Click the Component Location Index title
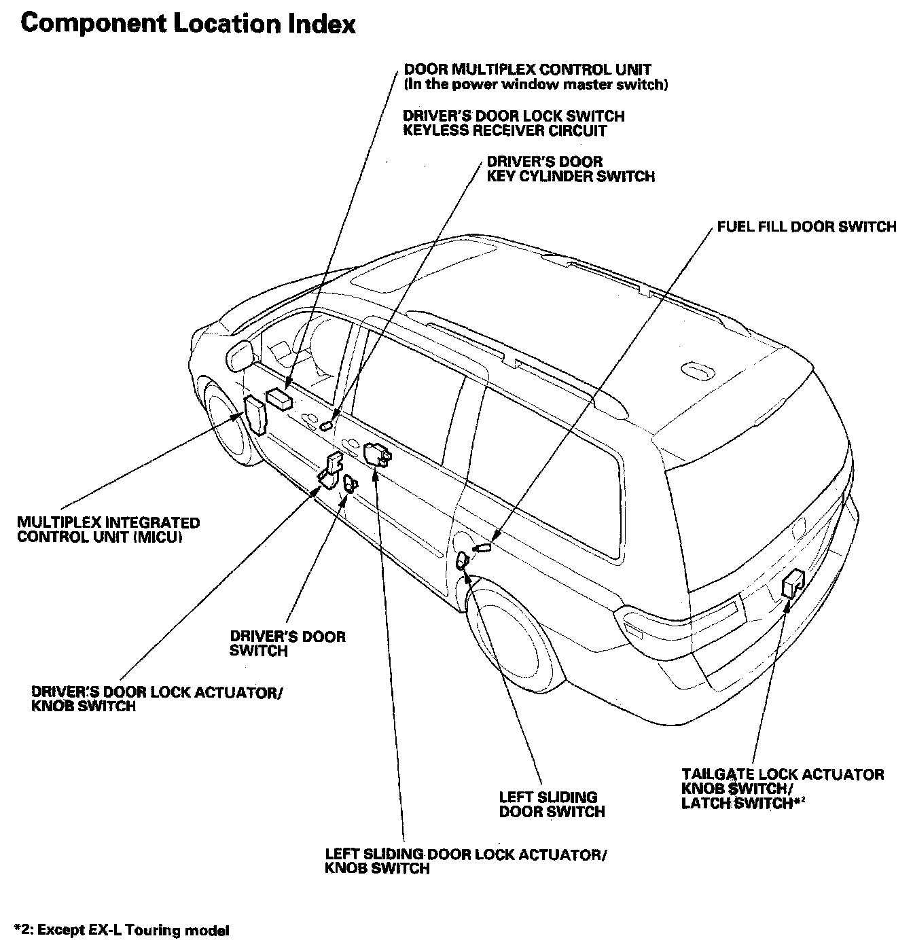click(x=188, y=24)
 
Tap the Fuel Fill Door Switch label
click(x=806, y=226)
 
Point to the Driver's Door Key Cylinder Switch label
click(x=571, y=169)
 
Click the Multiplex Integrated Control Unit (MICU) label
click(x=108, y=530)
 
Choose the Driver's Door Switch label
click(x=287, y=643)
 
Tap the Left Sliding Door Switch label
click(x=552, y=804)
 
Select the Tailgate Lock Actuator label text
click(x=783, y=774)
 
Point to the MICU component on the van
click(x=256, y=414)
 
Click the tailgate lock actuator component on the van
click(x=793, y=583)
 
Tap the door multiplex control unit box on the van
click(x=279, y=399)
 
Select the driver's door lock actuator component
click(x=332, y=470)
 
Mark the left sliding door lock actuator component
click(x=376, y=453)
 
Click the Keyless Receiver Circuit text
click(x=505, y=130)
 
